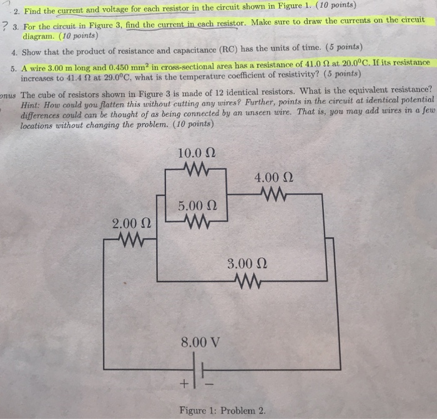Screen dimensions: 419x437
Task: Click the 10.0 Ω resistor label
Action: (x=197, y=153)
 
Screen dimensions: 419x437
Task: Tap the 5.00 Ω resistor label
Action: (x=197, y=205)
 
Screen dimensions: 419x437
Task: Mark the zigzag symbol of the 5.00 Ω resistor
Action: (x=197, y=220)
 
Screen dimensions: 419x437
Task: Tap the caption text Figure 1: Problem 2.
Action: (x=222, y=410)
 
